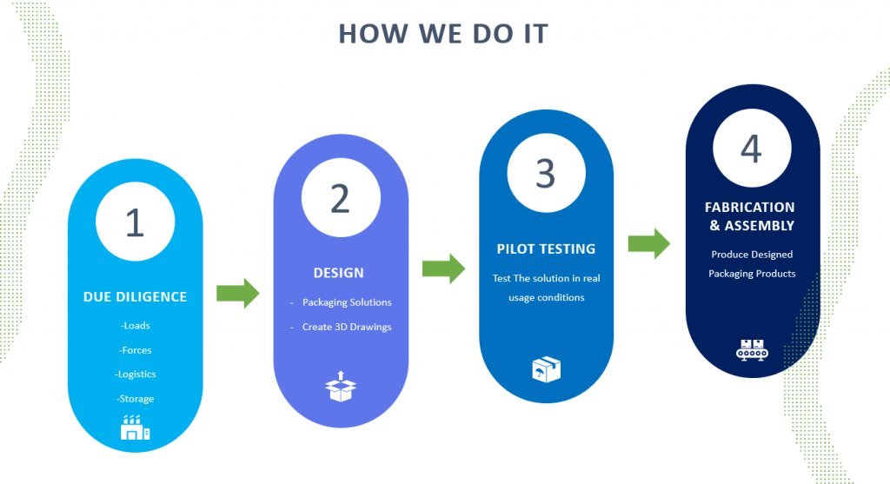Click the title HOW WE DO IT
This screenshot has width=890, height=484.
click(443, 33)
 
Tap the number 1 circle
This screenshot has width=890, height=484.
click(135, 222)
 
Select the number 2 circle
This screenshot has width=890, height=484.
click(341, 198)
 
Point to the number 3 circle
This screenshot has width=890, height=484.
click(546, 173)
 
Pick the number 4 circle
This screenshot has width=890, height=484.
click(751, 149)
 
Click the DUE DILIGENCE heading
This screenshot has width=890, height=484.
click(135, 296)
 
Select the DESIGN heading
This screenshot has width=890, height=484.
click(339, 273)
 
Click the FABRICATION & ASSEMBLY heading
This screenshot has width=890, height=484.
click(750, 216)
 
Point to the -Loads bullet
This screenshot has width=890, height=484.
click(135, 326)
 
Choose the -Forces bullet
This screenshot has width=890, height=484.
click(135, 350)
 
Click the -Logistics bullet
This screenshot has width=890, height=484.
click(135, 375)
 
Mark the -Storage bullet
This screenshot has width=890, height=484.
click(135, 399)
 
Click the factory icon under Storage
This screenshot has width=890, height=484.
click(135, 428)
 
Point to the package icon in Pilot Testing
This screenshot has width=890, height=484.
click(546, 369)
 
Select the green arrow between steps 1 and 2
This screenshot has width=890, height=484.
click(238, 293)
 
